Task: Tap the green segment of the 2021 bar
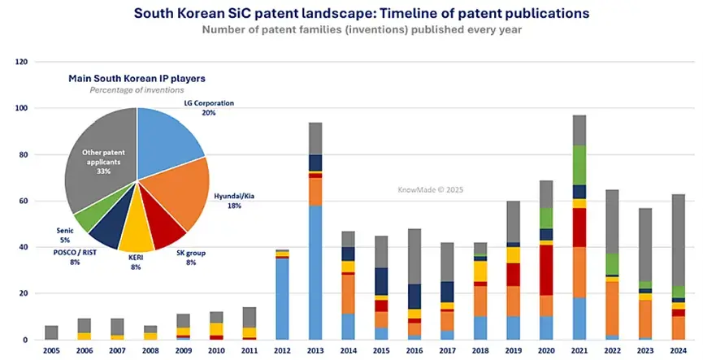579,164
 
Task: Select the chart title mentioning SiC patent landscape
351,14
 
